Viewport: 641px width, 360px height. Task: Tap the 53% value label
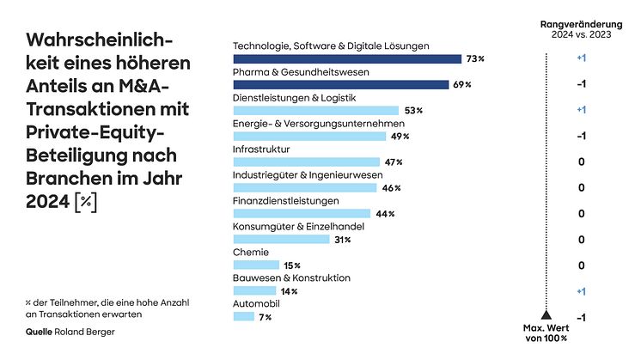coord(413,111)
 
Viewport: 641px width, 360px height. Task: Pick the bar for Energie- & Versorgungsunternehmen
coord(310,137)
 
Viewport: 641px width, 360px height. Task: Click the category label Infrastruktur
coord(261,149)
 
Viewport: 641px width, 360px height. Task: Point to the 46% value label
coord(391,188)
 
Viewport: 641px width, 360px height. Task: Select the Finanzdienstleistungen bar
coord(302,214)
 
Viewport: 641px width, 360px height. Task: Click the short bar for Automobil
coord(244,317)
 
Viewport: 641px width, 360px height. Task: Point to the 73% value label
coord(476,59)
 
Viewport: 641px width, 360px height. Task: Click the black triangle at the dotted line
coord(546,315)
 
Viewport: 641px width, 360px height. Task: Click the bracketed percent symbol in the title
coord(86,201)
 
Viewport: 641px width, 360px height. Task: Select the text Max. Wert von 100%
coord(546,333)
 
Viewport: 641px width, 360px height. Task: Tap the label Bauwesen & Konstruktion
coord(291,278)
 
